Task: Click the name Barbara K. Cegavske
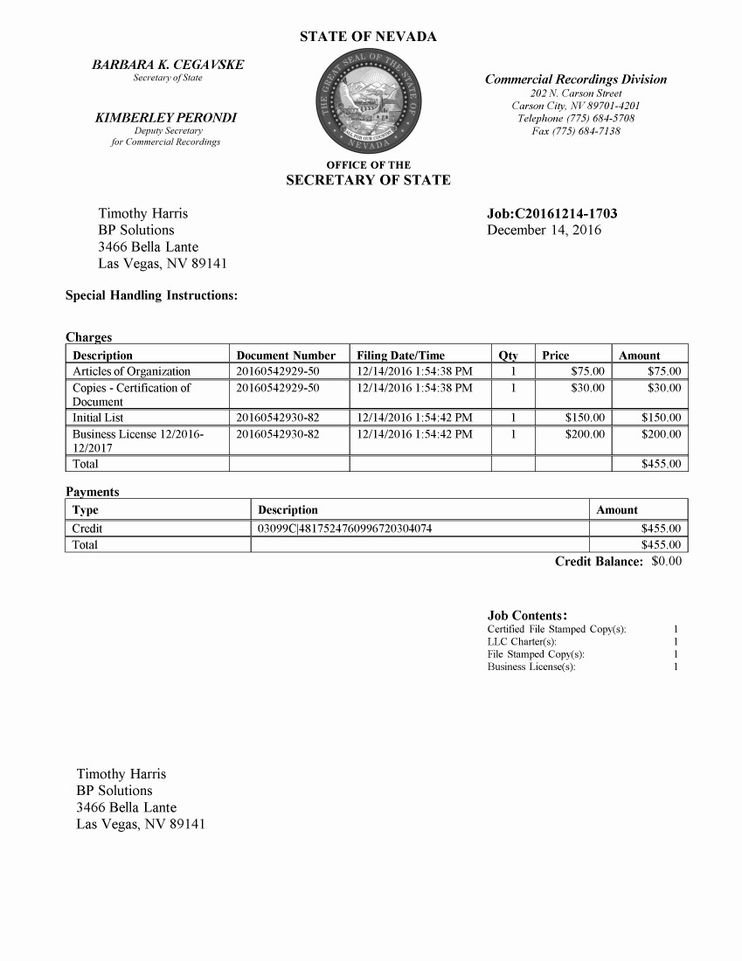click(168, 65)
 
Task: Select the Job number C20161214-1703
click(551, 214)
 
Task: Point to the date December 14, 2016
click(544, 231)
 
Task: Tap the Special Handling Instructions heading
click(151, 295)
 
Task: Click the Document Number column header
click(286, 356)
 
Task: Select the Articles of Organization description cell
click(131, 371)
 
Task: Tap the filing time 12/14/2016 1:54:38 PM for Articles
click(414, 371)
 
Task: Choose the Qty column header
click(508, 356)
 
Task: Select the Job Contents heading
click(528, 616)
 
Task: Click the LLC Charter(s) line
click(522, 642)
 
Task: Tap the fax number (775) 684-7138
click(576, 131)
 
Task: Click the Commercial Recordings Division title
click(575, 80)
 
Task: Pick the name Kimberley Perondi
click(166, 117)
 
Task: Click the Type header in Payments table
click(86, 510)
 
